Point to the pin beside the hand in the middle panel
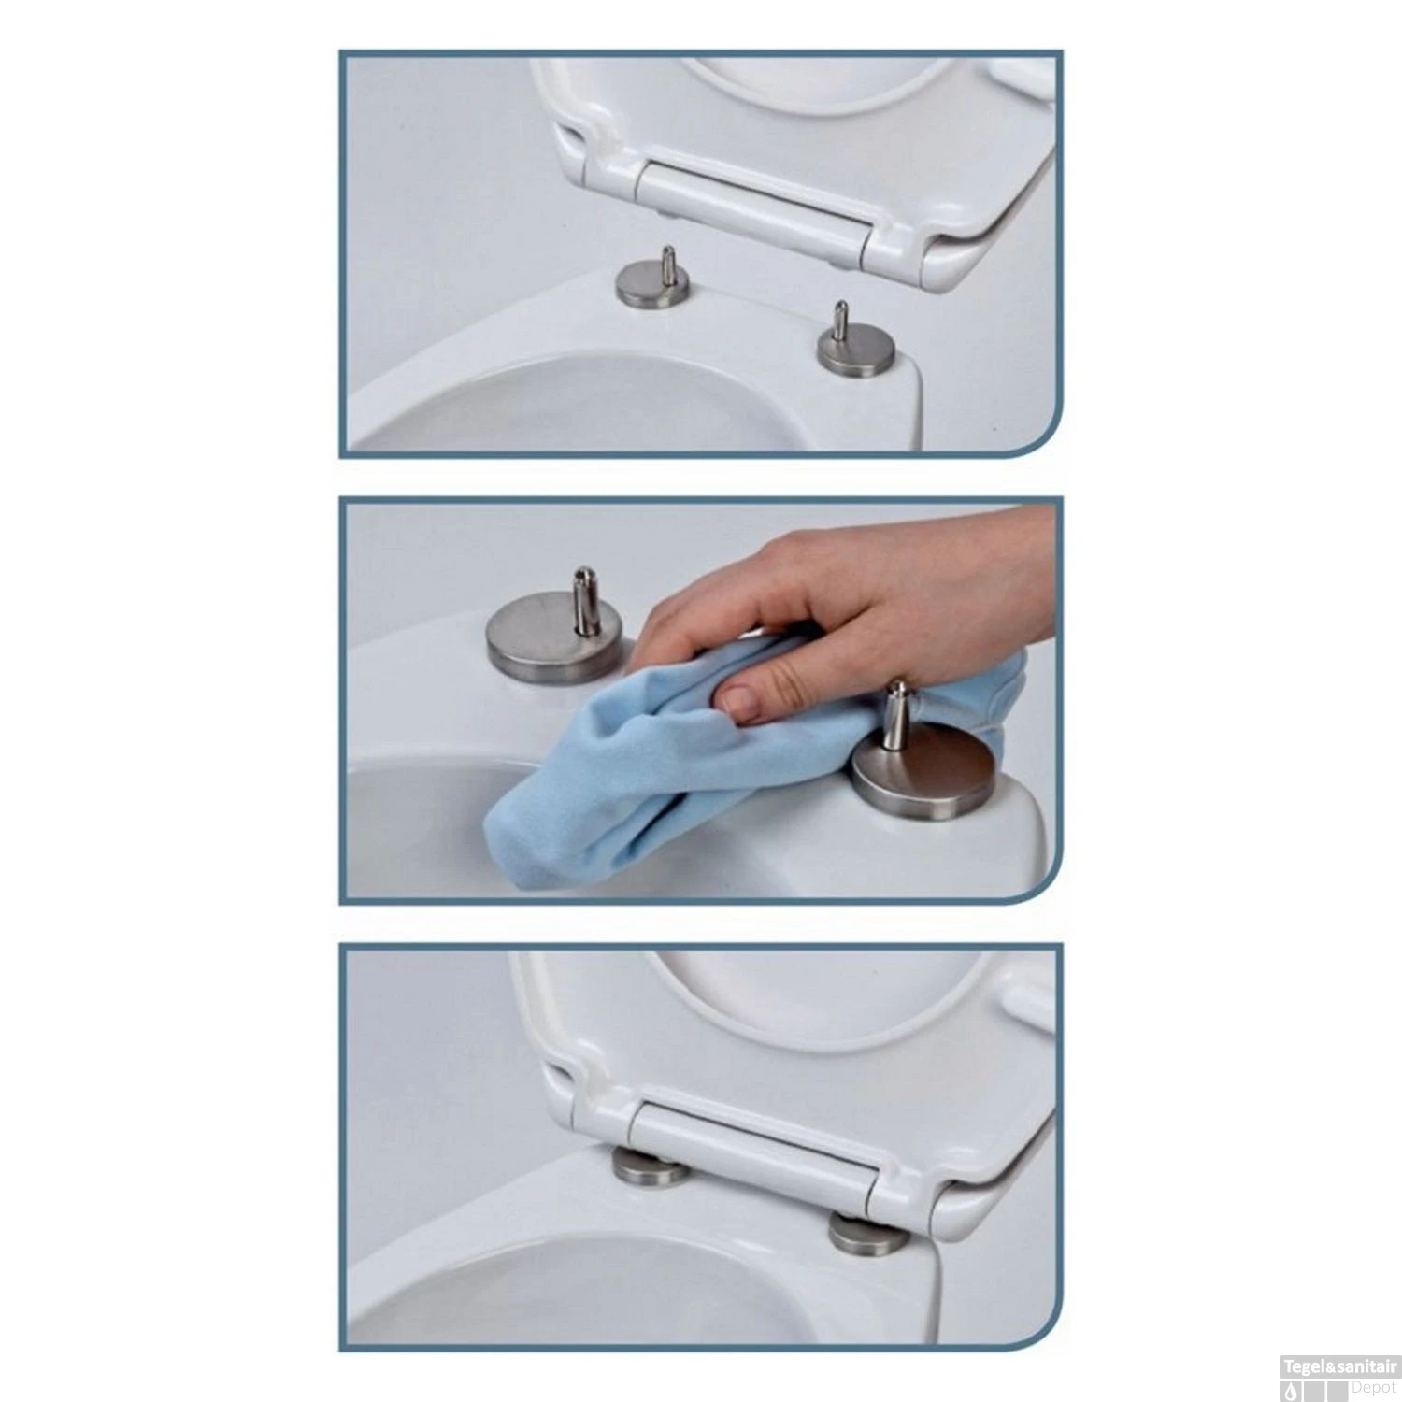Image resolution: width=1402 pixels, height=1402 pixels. (x=898, y=710)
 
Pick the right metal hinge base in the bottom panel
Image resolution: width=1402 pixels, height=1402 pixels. (x=866, y=1234)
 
